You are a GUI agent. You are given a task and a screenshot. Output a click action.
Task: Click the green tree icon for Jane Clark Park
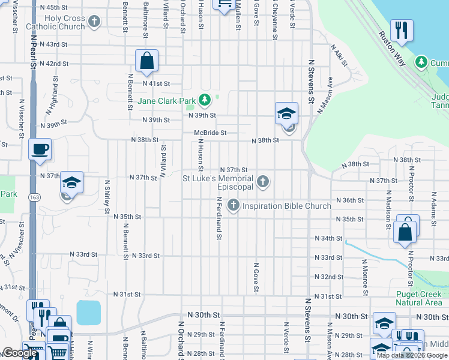tap(205, 99)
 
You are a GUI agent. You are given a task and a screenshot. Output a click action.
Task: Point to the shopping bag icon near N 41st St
tap(146, 59)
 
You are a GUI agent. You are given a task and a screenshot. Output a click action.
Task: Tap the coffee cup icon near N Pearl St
tap(40, 149)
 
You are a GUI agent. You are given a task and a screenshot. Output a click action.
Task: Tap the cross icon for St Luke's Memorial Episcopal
tap(262, 181)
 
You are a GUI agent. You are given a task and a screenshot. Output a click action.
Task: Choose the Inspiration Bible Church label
tap(286, 206)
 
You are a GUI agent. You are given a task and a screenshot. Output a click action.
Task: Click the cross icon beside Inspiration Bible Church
tap(233, 206)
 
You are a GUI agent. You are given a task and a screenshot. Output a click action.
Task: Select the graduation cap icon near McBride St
tap(287, 113)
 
